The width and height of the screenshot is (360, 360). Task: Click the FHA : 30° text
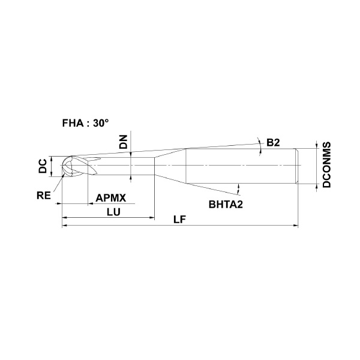click(x=85, y=123)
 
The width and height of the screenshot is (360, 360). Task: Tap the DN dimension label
click(x=124, y=142)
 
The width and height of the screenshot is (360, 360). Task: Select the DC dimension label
click(x=43, y=166)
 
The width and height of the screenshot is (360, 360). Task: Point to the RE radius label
click(x=44, y=196)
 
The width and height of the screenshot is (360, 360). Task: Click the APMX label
click(x=111, y=198)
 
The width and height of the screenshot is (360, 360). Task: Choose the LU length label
click(x=113, y=212)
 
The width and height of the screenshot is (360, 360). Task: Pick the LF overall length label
click(x=179, y=220)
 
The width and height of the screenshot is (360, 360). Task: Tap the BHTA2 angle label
click(x=226, y=205)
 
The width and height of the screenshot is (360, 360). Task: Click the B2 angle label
click(x=273, y=143)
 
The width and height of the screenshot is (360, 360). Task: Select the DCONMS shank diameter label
click(x=327, y=164)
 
